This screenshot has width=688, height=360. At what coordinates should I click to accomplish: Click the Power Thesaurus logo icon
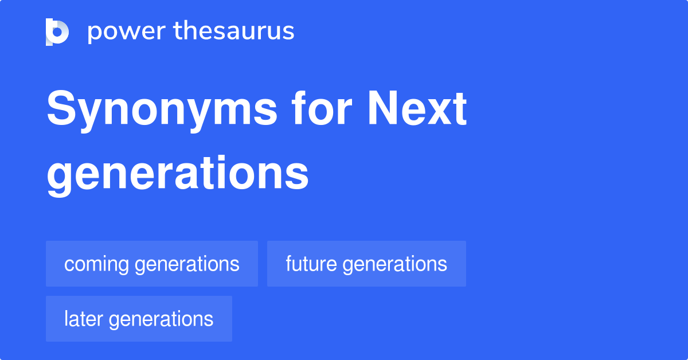57,32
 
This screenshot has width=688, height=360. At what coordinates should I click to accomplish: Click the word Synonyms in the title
162,110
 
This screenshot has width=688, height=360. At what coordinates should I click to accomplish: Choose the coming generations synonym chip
152,264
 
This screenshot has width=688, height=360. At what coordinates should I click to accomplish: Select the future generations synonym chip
366,264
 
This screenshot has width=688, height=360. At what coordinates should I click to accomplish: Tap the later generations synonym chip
139,319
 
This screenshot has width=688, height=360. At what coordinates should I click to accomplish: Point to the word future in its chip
311,264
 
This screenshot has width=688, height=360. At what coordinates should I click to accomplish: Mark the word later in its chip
84,319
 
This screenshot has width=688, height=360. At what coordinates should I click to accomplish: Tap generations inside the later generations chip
161,319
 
